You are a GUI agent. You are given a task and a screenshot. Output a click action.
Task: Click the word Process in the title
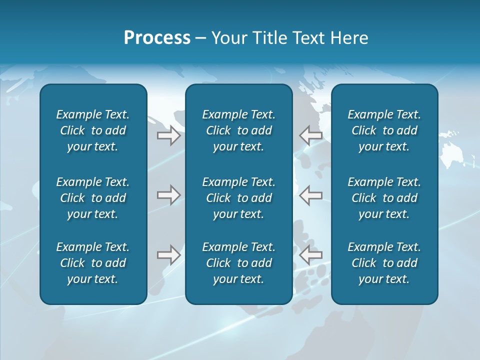(x=157, y=38)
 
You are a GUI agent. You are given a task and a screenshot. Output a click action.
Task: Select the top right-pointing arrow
(x=168, y=135)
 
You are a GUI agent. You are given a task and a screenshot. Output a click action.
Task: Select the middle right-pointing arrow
(x=168, y=195)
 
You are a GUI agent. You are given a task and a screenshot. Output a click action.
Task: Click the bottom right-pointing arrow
(x=168, y=255)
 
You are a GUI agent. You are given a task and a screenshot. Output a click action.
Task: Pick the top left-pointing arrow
(x=311, y=135)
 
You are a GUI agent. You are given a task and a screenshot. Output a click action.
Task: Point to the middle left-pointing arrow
(x=311, y=195)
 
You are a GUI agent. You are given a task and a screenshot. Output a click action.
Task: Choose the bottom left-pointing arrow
(x=311, y=255)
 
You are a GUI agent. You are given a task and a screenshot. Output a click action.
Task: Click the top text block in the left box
(x=93, y=130)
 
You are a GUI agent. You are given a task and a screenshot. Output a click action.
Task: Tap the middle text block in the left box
(x=93, y=198)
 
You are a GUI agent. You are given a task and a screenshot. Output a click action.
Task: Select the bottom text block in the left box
(x=93, y=263)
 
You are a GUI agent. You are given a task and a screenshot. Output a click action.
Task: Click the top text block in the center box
(x=239, y=130)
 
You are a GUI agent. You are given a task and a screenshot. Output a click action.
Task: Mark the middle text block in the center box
(x=239, y=198)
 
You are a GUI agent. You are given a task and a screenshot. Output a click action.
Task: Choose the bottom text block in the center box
(x=239, y=263)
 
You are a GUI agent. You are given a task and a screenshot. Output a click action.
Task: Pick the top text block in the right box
(x=384, y=130)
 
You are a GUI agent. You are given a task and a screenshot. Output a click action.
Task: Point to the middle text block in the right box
(x=384, y=198)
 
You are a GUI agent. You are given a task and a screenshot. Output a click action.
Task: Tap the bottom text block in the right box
(x=384, y=263)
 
